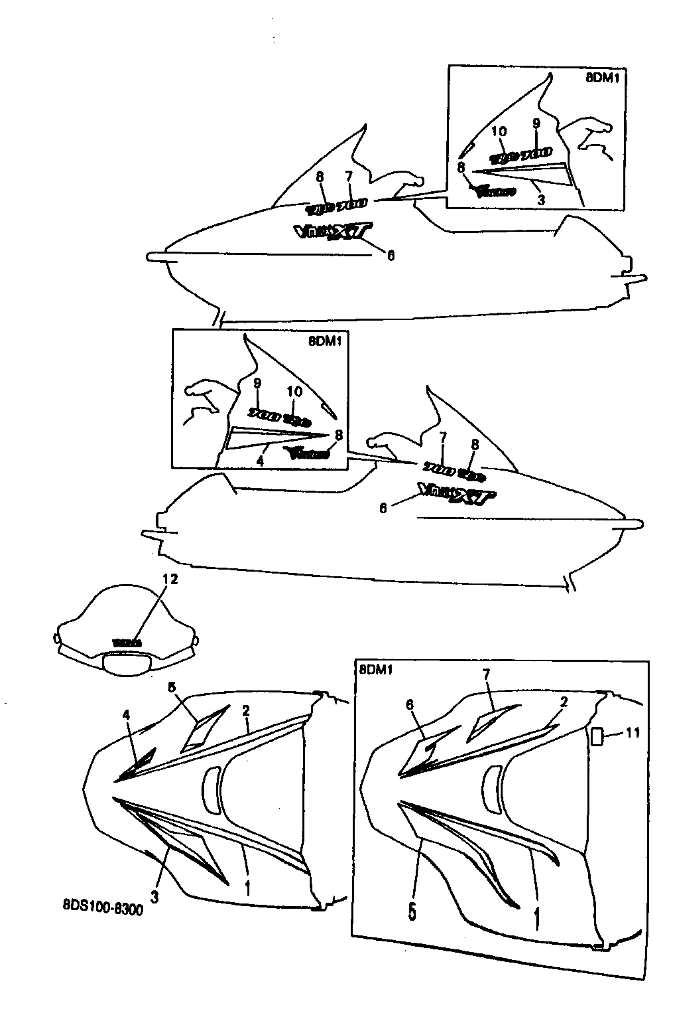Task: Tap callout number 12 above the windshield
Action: (170, 579)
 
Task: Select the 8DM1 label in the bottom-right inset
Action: (376, 670)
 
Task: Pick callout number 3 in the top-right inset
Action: (541, 200)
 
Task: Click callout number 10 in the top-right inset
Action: (499, 131)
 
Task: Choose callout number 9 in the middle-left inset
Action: (257, 383)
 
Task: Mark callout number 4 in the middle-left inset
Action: (260, 461)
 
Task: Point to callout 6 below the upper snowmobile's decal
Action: (391, 256)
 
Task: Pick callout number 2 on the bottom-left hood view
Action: (246, 711)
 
